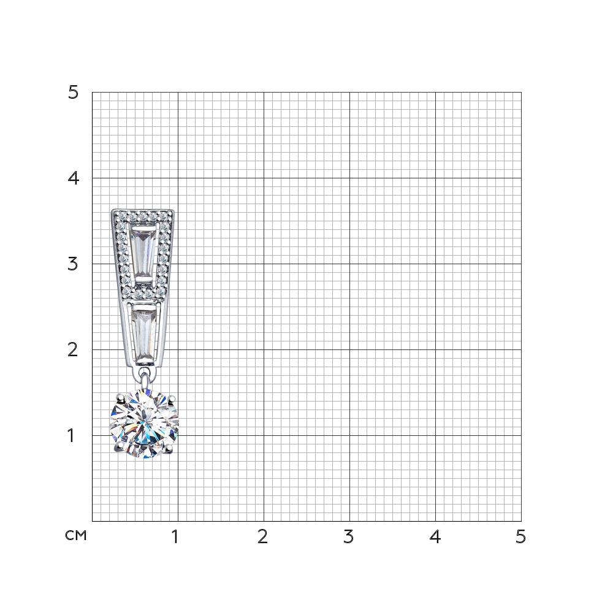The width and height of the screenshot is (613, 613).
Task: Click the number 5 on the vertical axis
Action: click(73, 93)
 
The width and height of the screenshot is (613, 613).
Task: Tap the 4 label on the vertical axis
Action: click(73, 178)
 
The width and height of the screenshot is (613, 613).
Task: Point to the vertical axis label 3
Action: click(73, 264)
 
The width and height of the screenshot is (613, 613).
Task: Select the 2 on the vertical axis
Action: click(73, 349)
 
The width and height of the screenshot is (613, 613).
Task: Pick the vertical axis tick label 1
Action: click(71, 435)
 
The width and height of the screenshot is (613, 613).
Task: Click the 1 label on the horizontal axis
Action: click(175, 537)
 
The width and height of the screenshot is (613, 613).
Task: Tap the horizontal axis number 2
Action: click(263, 537)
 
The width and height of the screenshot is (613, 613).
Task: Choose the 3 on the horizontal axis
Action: click(348, 537)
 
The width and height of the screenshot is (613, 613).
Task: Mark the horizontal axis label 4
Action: click(435, 537)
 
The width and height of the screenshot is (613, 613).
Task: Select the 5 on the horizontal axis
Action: click(520, 537)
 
